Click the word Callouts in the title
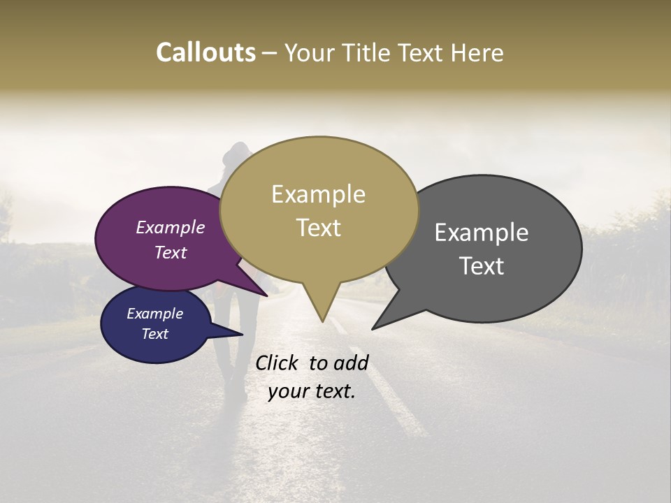tap(205, 52)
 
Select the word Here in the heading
tap(476, 52)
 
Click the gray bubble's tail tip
tap(373, 328)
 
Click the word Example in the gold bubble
tap(318, 194)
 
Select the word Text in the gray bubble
tap(482, 266)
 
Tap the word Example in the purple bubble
tap(171, 228)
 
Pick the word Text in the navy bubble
tap(155, 334)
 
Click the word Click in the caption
tap(277, 363)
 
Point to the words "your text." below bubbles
tap(312, 392)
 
